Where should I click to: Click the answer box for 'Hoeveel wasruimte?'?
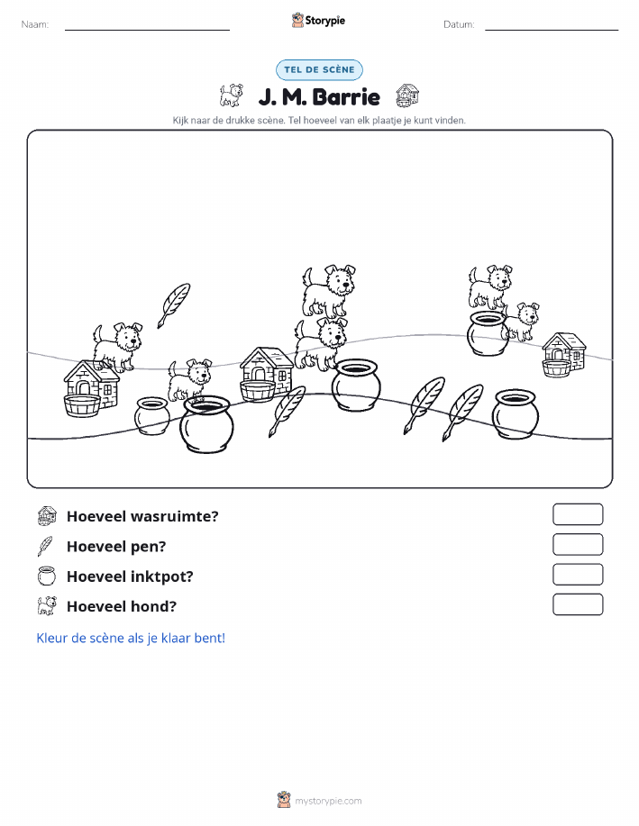[578, 514]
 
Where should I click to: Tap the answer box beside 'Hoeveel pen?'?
[578, 544]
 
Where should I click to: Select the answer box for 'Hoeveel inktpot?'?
[578, 574]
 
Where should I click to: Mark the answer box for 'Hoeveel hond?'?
[578, 604]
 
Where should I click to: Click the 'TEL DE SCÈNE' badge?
[319, 69]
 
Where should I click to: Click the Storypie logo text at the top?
[324, 21]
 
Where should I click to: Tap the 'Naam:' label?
[35, 24]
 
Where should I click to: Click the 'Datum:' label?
[459, 24]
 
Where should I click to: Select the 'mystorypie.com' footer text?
[328, 801]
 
